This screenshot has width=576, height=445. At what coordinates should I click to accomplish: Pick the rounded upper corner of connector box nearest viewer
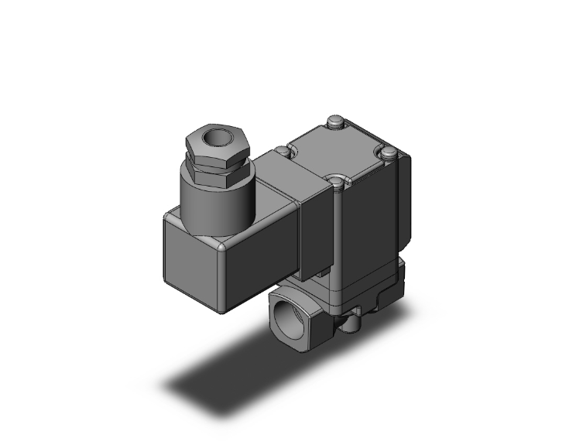pyautogui.click(x=225, y=246)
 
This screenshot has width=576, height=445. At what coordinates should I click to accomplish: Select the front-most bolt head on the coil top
pyautogui.click(x=336, y=183)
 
